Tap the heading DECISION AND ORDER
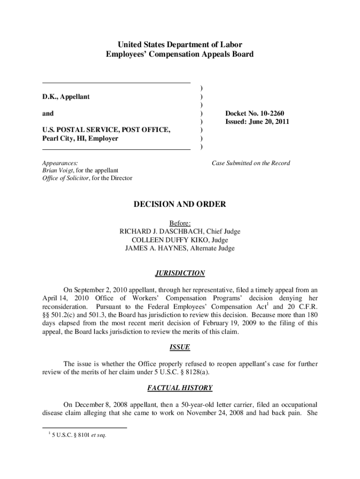[180, 204]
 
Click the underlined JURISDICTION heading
[180, 273]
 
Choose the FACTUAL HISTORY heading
[180, 388]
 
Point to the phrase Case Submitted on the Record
[251, 163]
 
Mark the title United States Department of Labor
[180, 45]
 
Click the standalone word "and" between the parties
[48, 113]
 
